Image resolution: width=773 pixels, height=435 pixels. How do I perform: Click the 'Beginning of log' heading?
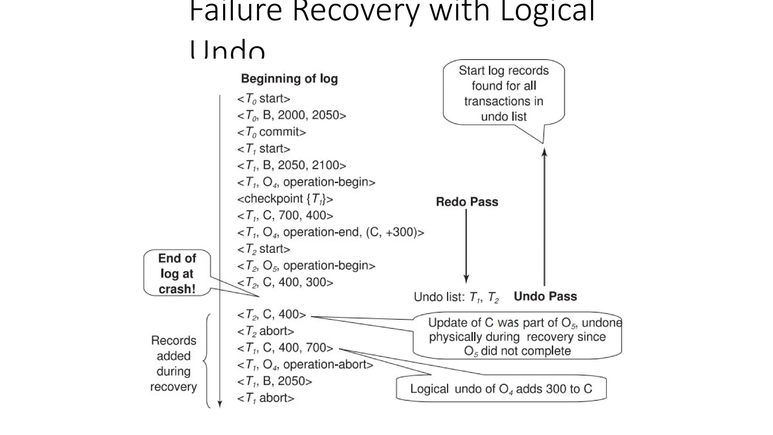[x=289, y=79]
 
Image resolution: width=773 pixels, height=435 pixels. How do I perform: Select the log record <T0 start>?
[x=263, y=99]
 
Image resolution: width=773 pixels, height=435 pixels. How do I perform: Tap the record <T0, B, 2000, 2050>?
[x=291, y=115]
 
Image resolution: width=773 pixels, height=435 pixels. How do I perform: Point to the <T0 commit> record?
[x=271, y=132]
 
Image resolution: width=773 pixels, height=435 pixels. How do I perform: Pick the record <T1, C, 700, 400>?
[x=285, y=215]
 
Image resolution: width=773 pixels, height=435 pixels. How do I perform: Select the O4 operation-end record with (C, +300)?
[x=330, y=232]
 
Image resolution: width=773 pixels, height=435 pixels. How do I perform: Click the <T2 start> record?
[x=263, y=249]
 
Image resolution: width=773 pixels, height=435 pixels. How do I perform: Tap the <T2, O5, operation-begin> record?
[x=306, y=265]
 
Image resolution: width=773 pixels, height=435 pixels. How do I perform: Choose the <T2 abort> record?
[x=265, y=331]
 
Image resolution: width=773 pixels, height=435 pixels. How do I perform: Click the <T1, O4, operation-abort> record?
[x=305, y=364]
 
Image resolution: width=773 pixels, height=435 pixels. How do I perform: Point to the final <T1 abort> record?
[x=265, y=398]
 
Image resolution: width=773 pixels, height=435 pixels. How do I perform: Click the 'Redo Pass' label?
[x=467, y=202]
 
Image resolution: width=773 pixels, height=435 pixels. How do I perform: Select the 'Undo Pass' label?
[x=545, y=296]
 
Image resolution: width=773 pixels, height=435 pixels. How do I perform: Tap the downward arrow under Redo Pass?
[x=466, y=245]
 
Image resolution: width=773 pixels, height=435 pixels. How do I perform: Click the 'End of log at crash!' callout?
[x=177, y=273]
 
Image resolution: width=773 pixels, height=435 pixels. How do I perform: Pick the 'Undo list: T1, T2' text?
[x=456, y=297]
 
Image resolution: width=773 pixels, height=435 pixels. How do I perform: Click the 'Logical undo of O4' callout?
[x=501, y=389]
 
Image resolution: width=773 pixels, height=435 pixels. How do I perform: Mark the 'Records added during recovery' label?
[x=174, y=363]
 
